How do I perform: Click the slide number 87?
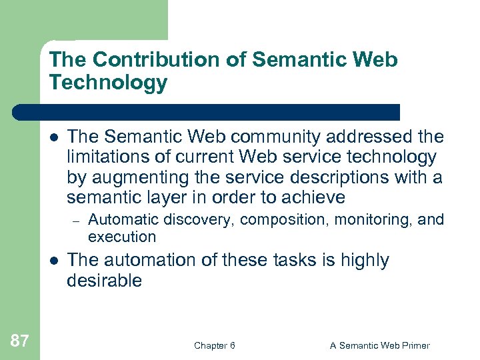tap(20, 341)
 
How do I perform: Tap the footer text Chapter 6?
tap(214, 345)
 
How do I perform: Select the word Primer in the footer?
tap(414, 345)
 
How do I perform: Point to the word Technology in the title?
tap(108, 83)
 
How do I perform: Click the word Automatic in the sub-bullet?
tap(119, 220)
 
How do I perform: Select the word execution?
tap(121, 237)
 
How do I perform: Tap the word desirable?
tap(104, 281)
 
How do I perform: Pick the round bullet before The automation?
tap(55, 261)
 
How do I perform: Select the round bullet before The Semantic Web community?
tap(55, 137)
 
